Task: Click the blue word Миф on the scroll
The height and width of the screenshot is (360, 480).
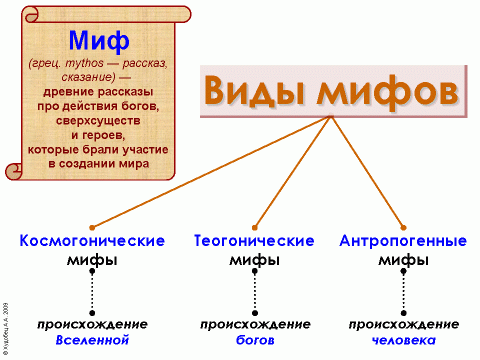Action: coord(99,41)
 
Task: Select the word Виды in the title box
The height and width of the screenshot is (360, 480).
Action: coord(254,91)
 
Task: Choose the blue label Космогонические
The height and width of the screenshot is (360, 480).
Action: coord(91,241)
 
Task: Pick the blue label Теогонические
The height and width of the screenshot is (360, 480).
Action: coord(255,241)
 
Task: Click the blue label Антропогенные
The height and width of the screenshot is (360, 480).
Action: coord(404,241)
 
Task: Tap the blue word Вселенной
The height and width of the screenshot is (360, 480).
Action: coord(92,340)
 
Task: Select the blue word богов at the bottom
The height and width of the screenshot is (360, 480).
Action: coord(255,340)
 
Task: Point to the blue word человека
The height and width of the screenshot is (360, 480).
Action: coord(405,340)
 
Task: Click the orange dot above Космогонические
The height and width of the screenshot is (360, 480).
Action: coord(91,227)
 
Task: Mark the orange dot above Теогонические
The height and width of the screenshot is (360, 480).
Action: coord(255,227)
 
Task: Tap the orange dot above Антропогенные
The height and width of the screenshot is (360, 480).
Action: coord(404,227)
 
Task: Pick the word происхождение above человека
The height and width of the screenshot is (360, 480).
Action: coord(405,324)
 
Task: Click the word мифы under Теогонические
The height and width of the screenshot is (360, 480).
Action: coord(255,259)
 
